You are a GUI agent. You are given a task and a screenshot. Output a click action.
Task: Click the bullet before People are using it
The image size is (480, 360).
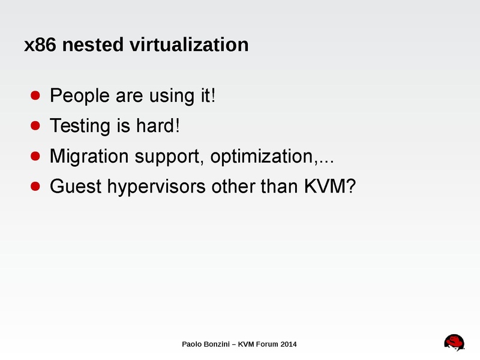point(35,95)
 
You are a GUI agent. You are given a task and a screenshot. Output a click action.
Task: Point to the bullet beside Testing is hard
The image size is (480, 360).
point(35,126)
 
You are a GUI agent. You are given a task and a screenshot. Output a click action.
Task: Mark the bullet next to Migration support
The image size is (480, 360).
point(35,157)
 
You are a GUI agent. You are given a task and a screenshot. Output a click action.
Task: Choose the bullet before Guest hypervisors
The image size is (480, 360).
point(35,187)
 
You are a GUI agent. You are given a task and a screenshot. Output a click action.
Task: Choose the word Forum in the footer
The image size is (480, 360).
point(265,344)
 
